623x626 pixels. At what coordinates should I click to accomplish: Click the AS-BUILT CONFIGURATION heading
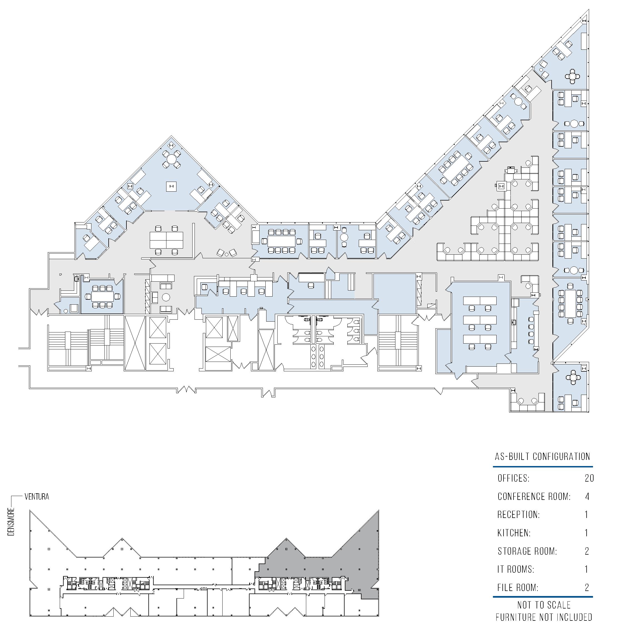(x=542, y=457)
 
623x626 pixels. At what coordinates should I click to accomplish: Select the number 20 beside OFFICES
(x=589, y=478)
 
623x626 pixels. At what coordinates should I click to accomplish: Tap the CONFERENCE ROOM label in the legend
(x=534, y=496)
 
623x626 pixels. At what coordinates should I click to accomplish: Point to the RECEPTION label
(x=519, y=515)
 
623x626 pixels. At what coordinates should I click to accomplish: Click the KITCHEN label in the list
(x=514, y=533)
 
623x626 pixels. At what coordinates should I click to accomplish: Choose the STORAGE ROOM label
(x=527, y=551)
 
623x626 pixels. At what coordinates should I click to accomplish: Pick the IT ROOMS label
(x=516, y=569)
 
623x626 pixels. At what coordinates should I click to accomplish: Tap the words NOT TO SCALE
(x=544, y=605)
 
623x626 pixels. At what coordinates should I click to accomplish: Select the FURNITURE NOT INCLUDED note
(x=544, y=617)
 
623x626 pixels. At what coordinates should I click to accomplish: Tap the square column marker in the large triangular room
(x=171, y=186)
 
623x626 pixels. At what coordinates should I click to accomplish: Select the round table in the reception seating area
(x=166, y=297)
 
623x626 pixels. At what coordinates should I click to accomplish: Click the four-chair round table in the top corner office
(x=572, y=76)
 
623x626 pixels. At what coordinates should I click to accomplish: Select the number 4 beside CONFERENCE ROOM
(x=587, y=496)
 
